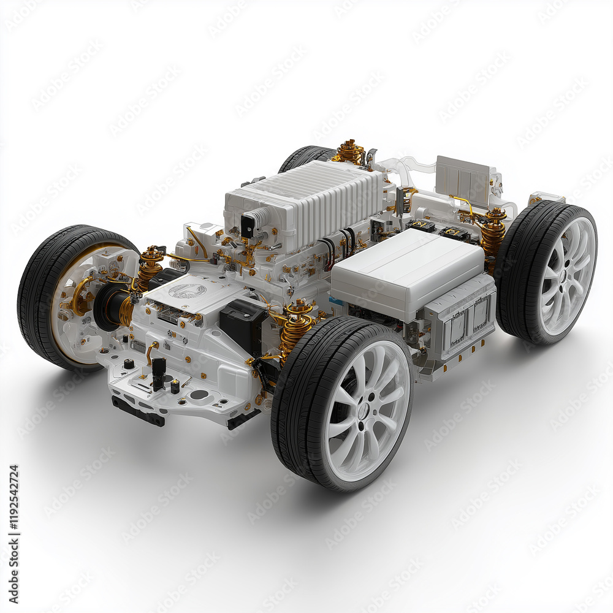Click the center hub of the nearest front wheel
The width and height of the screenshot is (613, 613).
[363, 411]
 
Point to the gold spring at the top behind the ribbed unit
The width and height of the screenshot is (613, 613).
[349, 151]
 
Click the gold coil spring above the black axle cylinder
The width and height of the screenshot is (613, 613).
[149, 267]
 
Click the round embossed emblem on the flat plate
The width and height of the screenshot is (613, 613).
[187, 291]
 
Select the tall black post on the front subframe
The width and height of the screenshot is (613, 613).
[159, 370]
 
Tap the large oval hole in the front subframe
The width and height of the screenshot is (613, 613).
[199, 395]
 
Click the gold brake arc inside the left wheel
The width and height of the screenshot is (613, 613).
[77, 295]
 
